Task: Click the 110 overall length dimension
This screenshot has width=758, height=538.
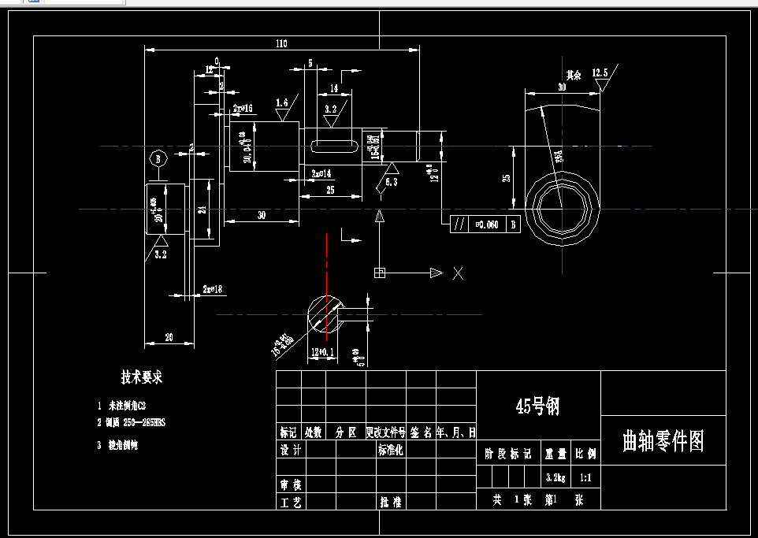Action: tap(281, 43)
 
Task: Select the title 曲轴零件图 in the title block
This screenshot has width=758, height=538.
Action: tap(662, 441)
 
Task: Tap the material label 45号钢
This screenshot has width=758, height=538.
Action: tap(537, 406)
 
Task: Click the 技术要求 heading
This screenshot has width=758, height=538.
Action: tap(142, 377)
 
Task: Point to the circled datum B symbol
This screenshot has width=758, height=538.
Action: tap(159, 159)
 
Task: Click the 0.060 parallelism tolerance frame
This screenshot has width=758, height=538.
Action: tap(485, 224)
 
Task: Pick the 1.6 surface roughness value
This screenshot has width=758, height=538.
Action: tap(282, 102)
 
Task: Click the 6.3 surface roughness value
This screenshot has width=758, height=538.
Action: tap(392, 182)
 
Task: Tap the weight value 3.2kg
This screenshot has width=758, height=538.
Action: tap(555, 477)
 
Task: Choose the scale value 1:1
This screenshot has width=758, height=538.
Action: tap(586, 477)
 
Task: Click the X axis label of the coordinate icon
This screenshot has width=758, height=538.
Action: tap(458, 273)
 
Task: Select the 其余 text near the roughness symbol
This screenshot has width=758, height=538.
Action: tap(573, 76)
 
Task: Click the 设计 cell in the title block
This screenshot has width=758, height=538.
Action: tap(290, 451)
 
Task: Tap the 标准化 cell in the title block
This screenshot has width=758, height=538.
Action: tap(391, 451)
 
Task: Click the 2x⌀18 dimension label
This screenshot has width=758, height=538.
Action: tap(213, 289)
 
